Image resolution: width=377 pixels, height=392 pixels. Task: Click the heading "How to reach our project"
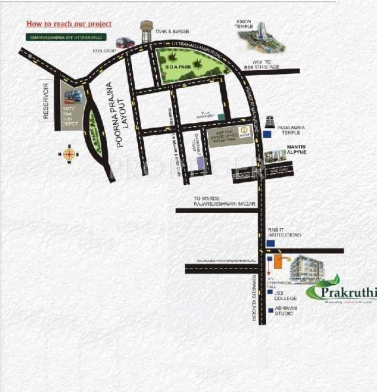tap(69, 24)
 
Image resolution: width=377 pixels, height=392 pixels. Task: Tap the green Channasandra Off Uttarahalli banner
tap(69, 37)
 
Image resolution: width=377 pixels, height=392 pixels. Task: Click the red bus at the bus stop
tap(125, 44)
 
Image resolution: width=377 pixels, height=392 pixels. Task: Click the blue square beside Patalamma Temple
tap(269, 134)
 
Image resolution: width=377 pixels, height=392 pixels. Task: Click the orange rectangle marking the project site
tap(278, 262)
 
